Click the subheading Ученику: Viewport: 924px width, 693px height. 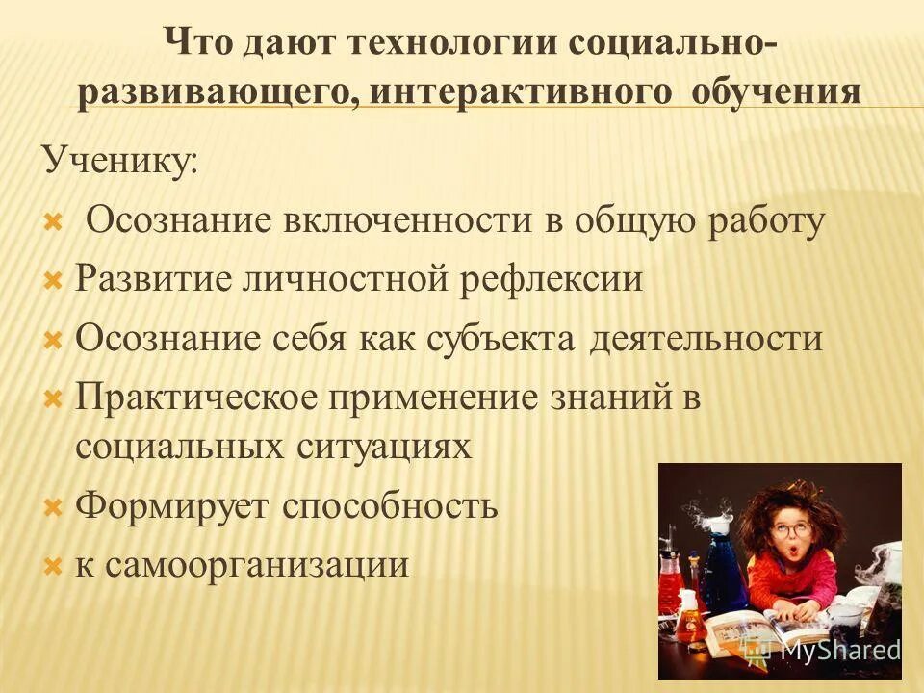point(119,159)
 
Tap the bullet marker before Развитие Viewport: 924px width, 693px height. point(54,281)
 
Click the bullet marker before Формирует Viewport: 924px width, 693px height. point(54,506)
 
